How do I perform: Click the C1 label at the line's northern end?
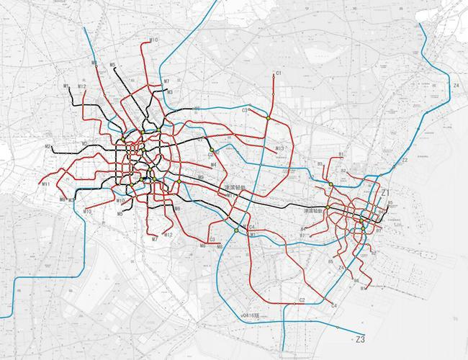278,73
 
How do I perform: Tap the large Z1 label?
385,193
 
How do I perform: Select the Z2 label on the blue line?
405,160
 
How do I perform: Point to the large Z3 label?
361,339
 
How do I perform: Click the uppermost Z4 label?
456,85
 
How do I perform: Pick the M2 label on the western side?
48,147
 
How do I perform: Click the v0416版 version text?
251,315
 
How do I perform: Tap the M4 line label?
213,165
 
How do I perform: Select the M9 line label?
201,177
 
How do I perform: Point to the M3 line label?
169,92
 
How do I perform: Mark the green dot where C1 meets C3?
268,117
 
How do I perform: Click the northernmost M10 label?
153,40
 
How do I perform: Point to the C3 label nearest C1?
246,110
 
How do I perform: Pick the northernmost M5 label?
113,66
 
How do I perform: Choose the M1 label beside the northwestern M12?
66,86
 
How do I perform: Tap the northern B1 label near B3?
341,155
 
